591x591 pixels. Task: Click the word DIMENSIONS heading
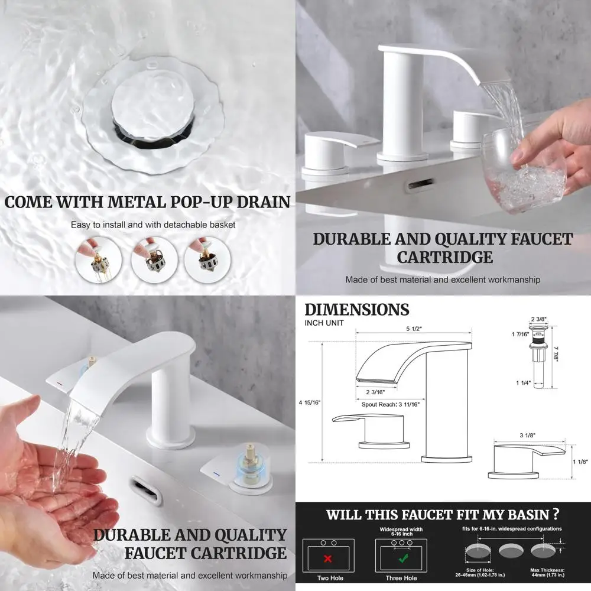pyautogui.click(x=356, y=310)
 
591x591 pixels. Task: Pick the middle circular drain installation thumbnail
pyautogui.click(x=154, y=260)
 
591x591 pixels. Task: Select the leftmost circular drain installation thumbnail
pyautogui.click(x=99, y=260)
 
